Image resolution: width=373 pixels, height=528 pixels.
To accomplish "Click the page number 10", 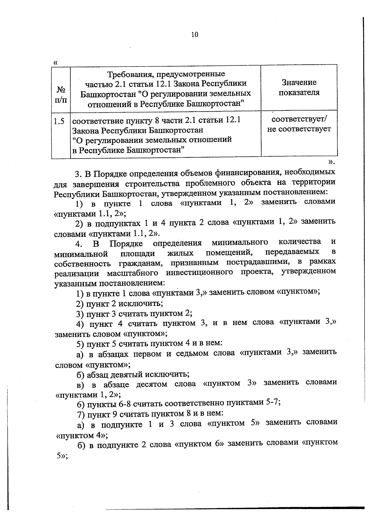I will pyautogui.click(x=195, y=35).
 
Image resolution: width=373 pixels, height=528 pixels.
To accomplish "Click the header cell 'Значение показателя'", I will pyautogui.click(x=299, y=87).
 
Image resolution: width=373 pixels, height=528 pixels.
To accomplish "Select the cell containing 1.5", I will pyautogui.click(x=59, y=121).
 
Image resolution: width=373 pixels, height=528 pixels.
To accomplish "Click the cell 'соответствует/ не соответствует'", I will pyautogui.click(x=299, y=124).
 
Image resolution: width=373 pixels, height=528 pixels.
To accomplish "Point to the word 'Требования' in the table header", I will pyautogui.click(x=130, y=74).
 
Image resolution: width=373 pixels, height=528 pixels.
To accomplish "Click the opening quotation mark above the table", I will pyautogui.click(x=56, y=63).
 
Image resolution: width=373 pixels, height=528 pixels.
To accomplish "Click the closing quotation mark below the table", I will pyautogui.click(x=331, y=162).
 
